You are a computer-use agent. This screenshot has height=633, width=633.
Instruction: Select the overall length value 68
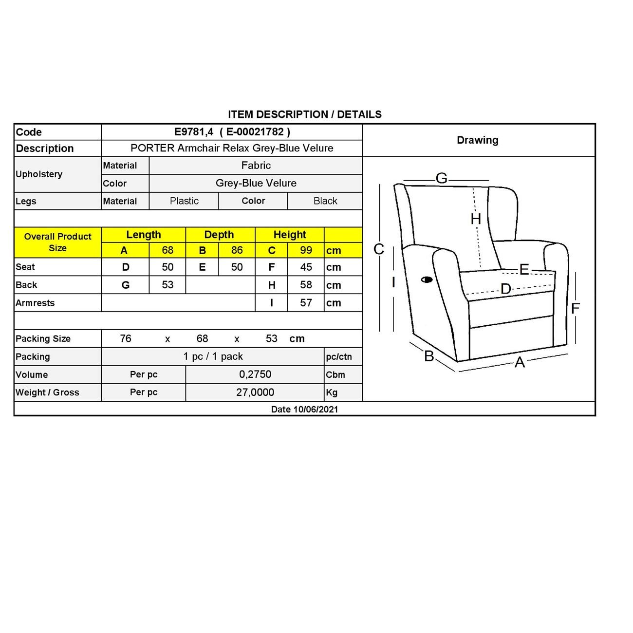point(168,250)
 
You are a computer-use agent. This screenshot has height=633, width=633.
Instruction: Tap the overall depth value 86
point(237,250)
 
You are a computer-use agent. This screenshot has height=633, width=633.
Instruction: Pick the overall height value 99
point(306,250)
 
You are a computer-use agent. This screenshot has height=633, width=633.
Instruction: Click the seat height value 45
point(306,267)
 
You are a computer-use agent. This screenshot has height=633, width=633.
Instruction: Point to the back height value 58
point(306,285)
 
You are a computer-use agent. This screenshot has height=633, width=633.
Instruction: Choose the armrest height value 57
point(306,303)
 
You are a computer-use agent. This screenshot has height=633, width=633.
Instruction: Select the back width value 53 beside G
point(168,285)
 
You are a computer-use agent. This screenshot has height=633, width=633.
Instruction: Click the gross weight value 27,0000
point(255,392)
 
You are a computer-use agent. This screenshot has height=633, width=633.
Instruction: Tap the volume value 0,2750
point(255,374)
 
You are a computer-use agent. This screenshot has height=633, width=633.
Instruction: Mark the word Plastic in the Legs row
point(184,201)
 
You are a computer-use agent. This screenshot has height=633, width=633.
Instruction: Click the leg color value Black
point(325,201)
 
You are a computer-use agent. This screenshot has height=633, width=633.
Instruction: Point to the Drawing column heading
point(478,140)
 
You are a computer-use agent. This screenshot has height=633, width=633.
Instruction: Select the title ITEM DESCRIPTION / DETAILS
point(305,114)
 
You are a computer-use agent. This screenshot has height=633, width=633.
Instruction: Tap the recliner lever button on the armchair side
point(427,279)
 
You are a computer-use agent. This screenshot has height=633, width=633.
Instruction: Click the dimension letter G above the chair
point(442,178)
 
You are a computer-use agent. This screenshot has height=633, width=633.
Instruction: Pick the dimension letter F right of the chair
point(576,308)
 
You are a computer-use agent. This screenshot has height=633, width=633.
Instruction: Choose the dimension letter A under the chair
point(520,362)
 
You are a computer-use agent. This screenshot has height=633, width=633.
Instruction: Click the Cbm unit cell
point(335,375)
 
